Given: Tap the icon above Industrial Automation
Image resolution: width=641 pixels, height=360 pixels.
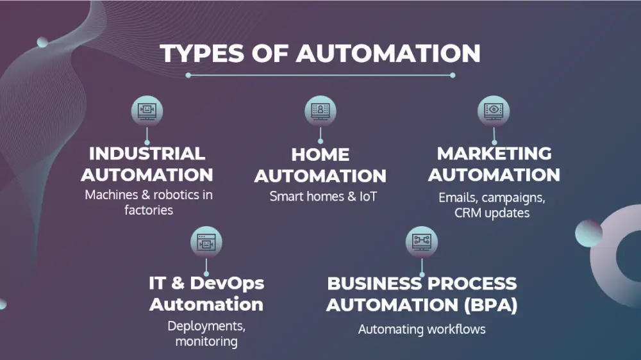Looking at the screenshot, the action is coord(147,111).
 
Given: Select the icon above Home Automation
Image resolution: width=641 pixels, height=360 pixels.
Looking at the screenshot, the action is coord(320,111).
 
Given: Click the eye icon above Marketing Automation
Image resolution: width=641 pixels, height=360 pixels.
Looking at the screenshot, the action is coord(494,111).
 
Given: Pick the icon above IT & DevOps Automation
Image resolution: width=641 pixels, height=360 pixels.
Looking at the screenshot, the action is coord(206,242).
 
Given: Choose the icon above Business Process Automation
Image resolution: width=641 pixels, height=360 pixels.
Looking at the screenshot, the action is coord(422,242).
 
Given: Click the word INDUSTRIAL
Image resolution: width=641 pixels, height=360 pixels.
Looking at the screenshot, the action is coord(147,154).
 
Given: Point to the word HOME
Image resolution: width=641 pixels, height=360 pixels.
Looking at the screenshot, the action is coord(320,155).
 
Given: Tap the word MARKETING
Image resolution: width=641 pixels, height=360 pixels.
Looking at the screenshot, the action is coord(494,154).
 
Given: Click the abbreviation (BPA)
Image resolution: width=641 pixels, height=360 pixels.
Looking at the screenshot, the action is coord(491,305).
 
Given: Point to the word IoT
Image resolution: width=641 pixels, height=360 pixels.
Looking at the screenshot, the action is coord(368,197).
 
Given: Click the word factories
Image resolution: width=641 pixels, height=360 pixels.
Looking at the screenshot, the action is coord(149,210).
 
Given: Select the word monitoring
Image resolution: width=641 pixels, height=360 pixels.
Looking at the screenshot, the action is coord(206,341).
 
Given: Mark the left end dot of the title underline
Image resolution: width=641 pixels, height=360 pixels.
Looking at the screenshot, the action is coord(188,75).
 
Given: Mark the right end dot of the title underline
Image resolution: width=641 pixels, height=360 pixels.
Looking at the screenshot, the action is coord(453,75).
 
